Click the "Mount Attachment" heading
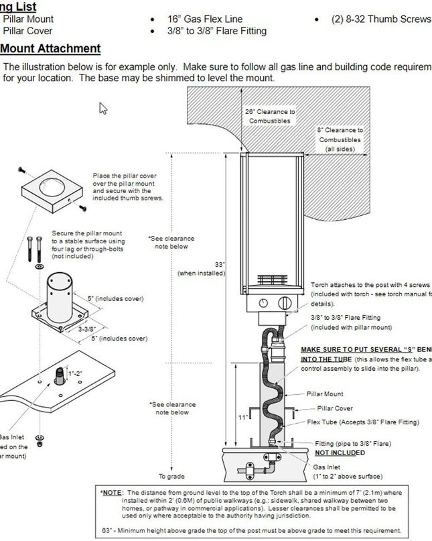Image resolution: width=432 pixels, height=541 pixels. coord(50,48)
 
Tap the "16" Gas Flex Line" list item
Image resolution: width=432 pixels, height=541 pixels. coord(205,19)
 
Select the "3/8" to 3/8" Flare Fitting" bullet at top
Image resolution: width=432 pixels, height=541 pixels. coord(216,31)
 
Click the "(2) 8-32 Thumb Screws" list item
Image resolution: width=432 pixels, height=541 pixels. coord(381,19)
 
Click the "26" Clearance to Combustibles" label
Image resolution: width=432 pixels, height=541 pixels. coord(269,116)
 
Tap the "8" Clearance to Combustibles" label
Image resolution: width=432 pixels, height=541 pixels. coord(340,139)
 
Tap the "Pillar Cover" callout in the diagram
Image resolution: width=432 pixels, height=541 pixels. coord(335,408)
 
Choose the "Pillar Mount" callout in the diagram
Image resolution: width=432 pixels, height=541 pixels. coord(325,394)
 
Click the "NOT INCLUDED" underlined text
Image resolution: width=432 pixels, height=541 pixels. coord(340,453)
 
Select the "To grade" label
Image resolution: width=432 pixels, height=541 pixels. coord(171,477)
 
